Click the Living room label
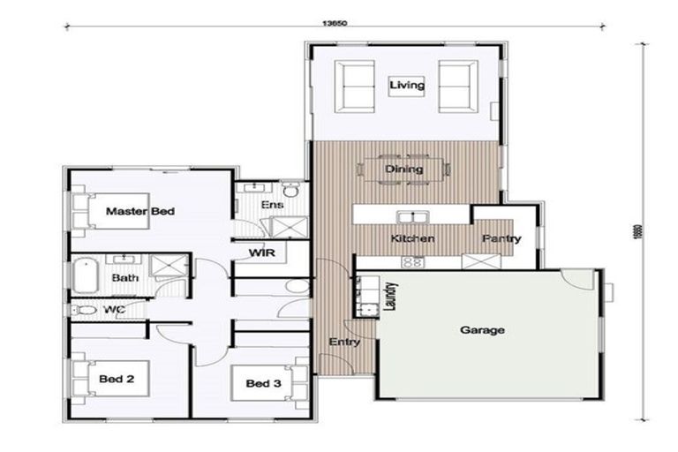(x=407, y=86)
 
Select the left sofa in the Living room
(x=357, y=85)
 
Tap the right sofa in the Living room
(x=457, y=85)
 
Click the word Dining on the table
(x=404, y=169)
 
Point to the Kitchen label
(x=412, y=238)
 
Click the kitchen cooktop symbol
(x=411, y=261)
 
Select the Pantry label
(x=501, y=238)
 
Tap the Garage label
(x=482, y=330)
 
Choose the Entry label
(x=343, y=342)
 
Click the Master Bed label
(x=140, y=212)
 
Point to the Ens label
(x=271, y=205)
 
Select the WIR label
(x=261, y=254)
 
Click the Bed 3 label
(x=262, y=383)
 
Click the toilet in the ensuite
(x=290, y=189)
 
